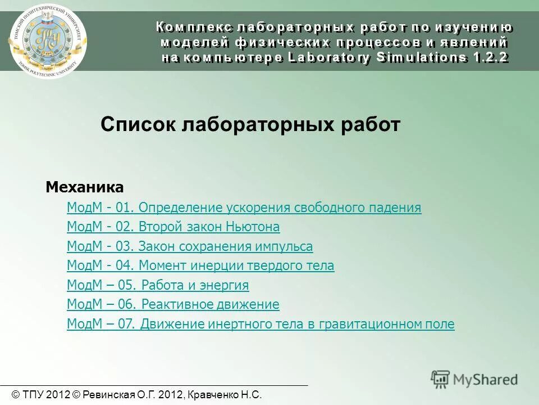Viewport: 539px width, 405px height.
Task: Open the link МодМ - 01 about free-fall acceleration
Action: pos(244,208)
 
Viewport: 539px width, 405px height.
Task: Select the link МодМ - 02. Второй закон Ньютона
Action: pos(173,227)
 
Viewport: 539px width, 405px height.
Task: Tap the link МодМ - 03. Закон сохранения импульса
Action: pos(190,246)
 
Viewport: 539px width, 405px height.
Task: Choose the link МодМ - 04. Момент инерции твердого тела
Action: pos(200,265)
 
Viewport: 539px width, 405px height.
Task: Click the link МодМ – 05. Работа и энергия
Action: pos(157,285)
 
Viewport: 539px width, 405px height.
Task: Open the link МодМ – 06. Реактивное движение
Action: pos(173,304)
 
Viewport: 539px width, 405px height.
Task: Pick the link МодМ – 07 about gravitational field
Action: pos(261,324)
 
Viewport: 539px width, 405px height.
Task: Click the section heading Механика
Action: pos(84,187)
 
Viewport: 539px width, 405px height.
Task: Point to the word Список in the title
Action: pos(139,124)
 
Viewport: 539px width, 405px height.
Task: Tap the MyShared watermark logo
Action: pos(474,379)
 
